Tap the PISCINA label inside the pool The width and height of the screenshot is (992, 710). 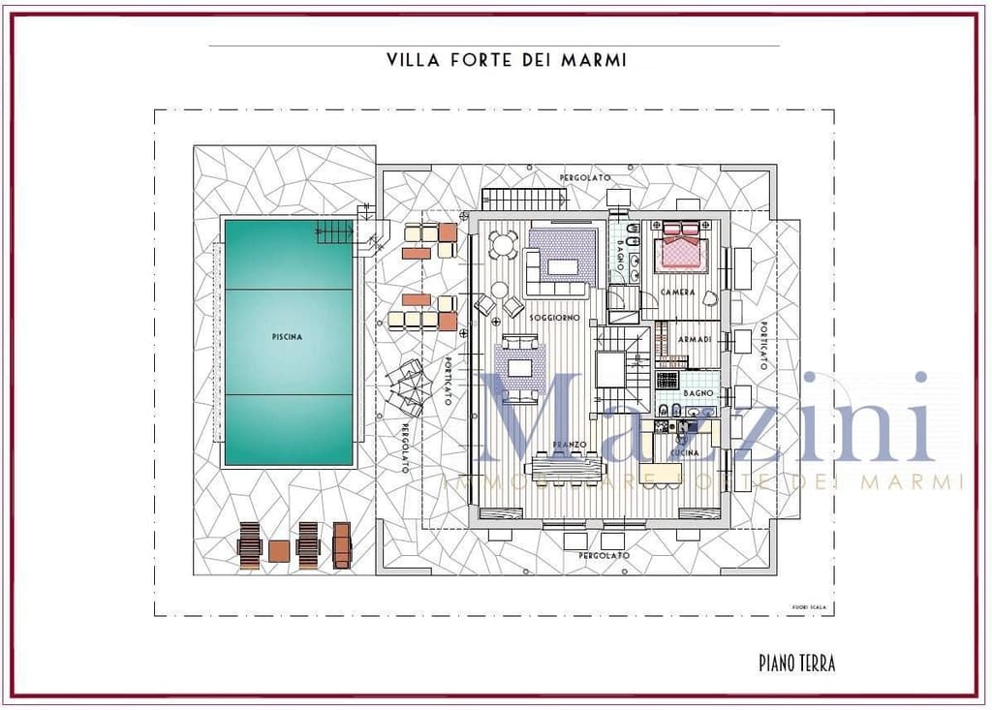coord(287,337)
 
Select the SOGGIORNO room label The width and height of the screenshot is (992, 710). coord(554,318)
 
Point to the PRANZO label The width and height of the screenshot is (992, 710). coord(571,444)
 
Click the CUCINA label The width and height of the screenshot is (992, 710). coord(685,452)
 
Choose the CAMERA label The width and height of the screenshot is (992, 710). coord(677,293)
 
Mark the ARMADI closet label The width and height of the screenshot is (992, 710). coord(696,339)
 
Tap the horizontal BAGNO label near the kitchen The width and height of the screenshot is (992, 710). coord(698,393)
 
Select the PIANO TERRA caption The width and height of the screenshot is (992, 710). coord(796,664)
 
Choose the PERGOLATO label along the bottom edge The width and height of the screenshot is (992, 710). coord(604,556)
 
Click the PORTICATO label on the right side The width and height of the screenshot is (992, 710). coord(763,345)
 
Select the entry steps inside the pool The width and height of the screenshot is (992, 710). coord(335,232)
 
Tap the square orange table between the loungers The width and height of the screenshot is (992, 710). coord(279,551)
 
